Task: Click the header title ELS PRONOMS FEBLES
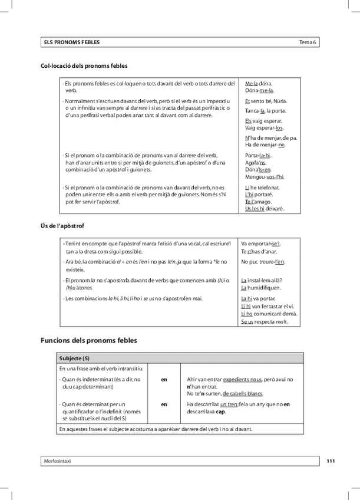click(71, 42)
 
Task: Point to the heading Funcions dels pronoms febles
click(88, 340)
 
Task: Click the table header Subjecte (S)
click(75, 358)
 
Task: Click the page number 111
click(331, 460)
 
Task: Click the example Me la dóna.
click(259, 84)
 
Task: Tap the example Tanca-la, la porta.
click(265, 110)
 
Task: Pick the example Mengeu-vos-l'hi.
click(265, 176)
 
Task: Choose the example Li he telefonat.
click(263, 187)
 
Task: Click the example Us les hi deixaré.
click(265, 209)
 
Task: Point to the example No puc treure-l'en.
click(263, 261)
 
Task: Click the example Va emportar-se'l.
click(262, 244)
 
